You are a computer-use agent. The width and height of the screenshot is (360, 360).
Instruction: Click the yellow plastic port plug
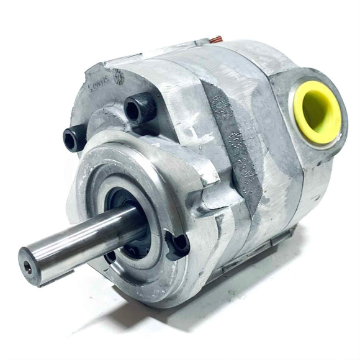(x=318, y=112)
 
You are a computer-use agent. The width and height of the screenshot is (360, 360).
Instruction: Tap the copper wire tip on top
(x=215, y=41)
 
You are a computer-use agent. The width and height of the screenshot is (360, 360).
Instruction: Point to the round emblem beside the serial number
(x=117, y=76)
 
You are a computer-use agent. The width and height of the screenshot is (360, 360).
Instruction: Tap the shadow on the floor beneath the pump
(x=205, y=310)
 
